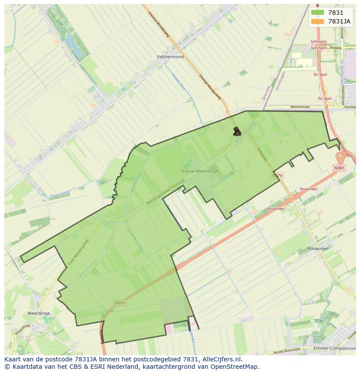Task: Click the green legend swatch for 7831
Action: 317,13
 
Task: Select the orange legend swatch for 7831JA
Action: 317,21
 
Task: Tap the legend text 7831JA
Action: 339,21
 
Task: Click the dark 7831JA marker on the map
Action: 237,131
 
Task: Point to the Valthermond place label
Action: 170,57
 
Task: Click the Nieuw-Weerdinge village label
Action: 200,171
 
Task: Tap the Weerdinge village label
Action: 39,313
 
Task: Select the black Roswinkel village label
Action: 318,248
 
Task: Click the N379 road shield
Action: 277,175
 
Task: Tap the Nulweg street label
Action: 336,47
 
